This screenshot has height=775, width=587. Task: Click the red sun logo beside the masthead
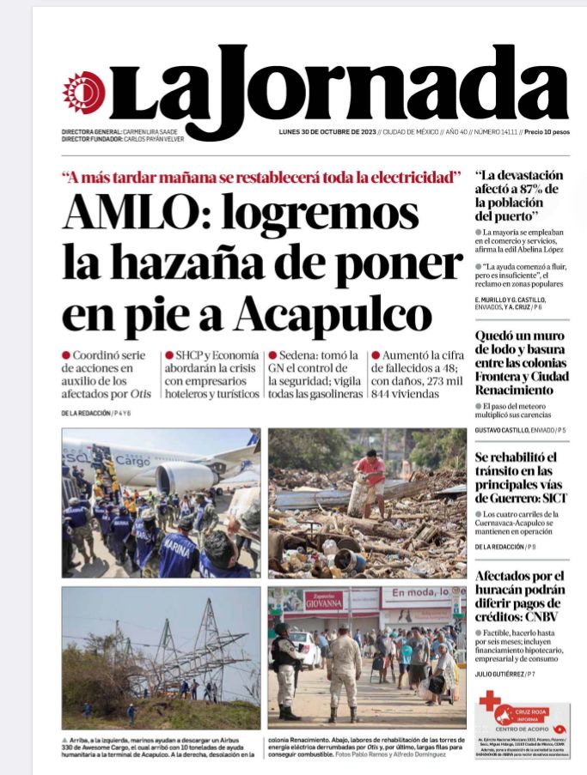pos(83,93)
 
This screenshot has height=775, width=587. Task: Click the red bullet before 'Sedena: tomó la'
pos(272,354)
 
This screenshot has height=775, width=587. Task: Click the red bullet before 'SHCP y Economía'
pos(169,354)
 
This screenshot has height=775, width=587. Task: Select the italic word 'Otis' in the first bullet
pos(140,394)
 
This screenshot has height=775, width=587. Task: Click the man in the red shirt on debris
pos(371,475)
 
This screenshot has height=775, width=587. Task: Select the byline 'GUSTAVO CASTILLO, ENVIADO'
pos(514,429)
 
